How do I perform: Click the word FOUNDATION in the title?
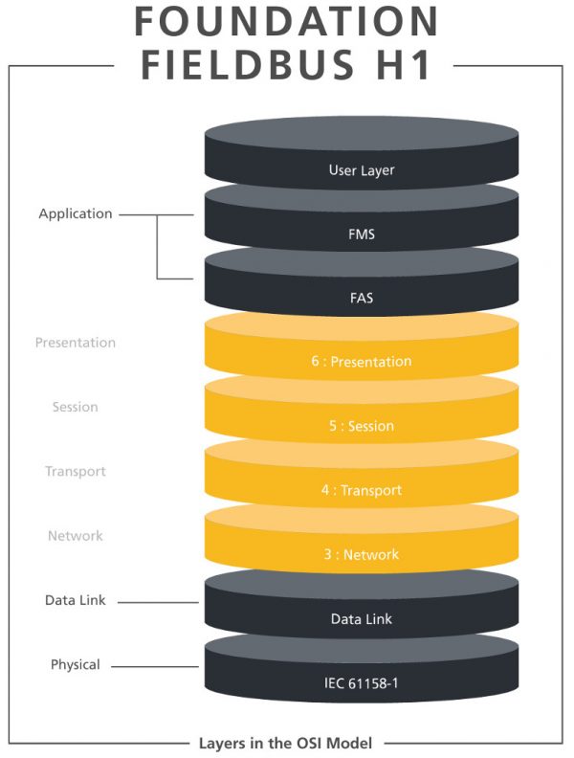coord(286,23)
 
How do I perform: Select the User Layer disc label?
coord(362,170)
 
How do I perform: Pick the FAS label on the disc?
coord(362,298)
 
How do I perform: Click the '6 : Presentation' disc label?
coord(362,362)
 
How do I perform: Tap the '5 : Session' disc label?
coord(362,426)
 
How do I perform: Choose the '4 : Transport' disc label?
coord(362,490)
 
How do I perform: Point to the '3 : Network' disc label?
coord(362,554)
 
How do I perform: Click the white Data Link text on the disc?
coord(362,619)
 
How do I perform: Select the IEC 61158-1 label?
coord(362,683)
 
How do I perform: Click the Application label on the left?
coord(76,214)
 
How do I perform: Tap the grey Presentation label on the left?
coord(76,343)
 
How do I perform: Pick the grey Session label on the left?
coord(76,407)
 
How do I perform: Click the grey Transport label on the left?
coord(76,471)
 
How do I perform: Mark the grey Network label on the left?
coord(76,536)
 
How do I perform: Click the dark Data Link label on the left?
coord(76,600)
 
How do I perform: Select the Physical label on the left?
coord(76,664)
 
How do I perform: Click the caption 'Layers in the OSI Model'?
coord(286,743)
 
